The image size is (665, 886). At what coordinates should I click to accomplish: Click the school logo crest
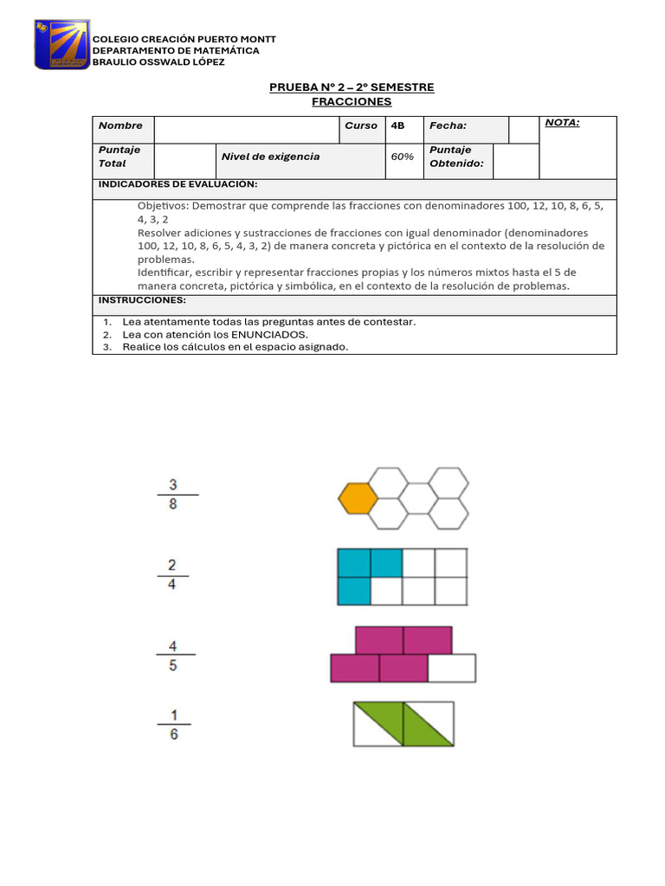click(61, 44)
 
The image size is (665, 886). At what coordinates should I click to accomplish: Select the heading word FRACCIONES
click(352, 102)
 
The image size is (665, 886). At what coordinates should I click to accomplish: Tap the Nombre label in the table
click(120, 125)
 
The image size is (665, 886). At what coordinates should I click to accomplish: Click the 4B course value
click(398, 125)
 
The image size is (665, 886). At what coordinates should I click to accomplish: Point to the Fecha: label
click(449, 125)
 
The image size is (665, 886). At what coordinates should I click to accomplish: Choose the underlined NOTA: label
click(563, 123)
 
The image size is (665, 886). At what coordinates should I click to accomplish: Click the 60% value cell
click(402, 157)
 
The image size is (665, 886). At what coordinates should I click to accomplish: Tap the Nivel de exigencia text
click(270, 157)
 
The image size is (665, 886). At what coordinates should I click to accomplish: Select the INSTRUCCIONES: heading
click(142, 299)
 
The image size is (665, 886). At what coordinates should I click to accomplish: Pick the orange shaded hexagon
click(357, 499)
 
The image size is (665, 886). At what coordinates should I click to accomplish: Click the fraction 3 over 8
click(174, 494)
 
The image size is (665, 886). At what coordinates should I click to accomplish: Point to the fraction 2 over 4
click(172, 575)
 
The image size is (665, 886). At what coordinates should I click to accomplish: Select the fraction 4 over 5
click(173, 655)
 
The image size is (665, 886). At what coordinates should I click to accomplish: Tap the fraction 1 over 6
click(174, 725)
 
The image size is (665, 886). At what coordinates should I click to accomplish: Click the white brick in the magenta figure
click(452, 668)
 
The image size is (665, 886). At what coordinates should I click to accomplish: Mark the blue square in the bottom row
click(352, 591)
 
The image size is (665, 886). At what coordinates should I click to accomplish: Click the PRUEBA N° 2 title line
click(352, 87)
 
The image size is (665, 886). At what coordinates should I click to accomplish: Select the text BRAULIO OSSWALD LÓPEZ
click(158, 61)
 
